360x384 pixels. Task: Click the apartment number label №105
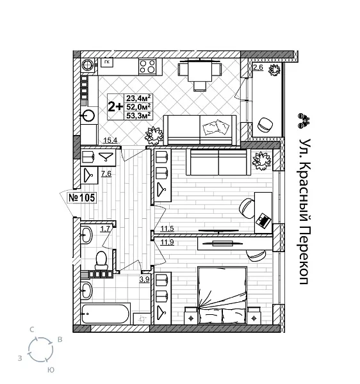(x=81, y=197)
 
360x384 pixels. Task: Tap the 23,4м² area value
(x=138, y=99)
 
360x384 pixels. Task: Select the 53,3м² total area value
(x=138, y=116)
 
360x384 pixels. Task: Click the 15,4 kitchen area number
(x=110, y=140)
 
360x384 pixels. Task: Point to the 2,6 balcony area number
(x=258, y=67)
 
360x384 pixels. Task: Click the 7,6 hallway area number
(x=106, y=173)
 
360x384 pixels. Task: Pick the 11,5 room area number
(x=167, y=229)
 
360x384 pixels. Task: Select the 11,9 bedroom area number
(x=167, y=241)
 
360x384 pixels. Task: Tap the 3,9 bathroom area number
(x=145, y=279)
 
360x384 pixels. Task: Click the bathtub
(x=106, y=314)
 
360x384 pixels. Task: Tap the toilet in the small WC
(x=101, y=259)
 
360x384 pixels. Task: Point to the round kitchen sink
(x=89, y=116)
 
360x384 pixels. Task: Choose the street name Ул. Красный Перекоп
(x=304, y=211)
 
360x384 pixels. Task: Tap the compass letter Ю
(x=50, y=370)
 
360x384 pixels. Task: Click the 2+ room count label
(x=116, y=107)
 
